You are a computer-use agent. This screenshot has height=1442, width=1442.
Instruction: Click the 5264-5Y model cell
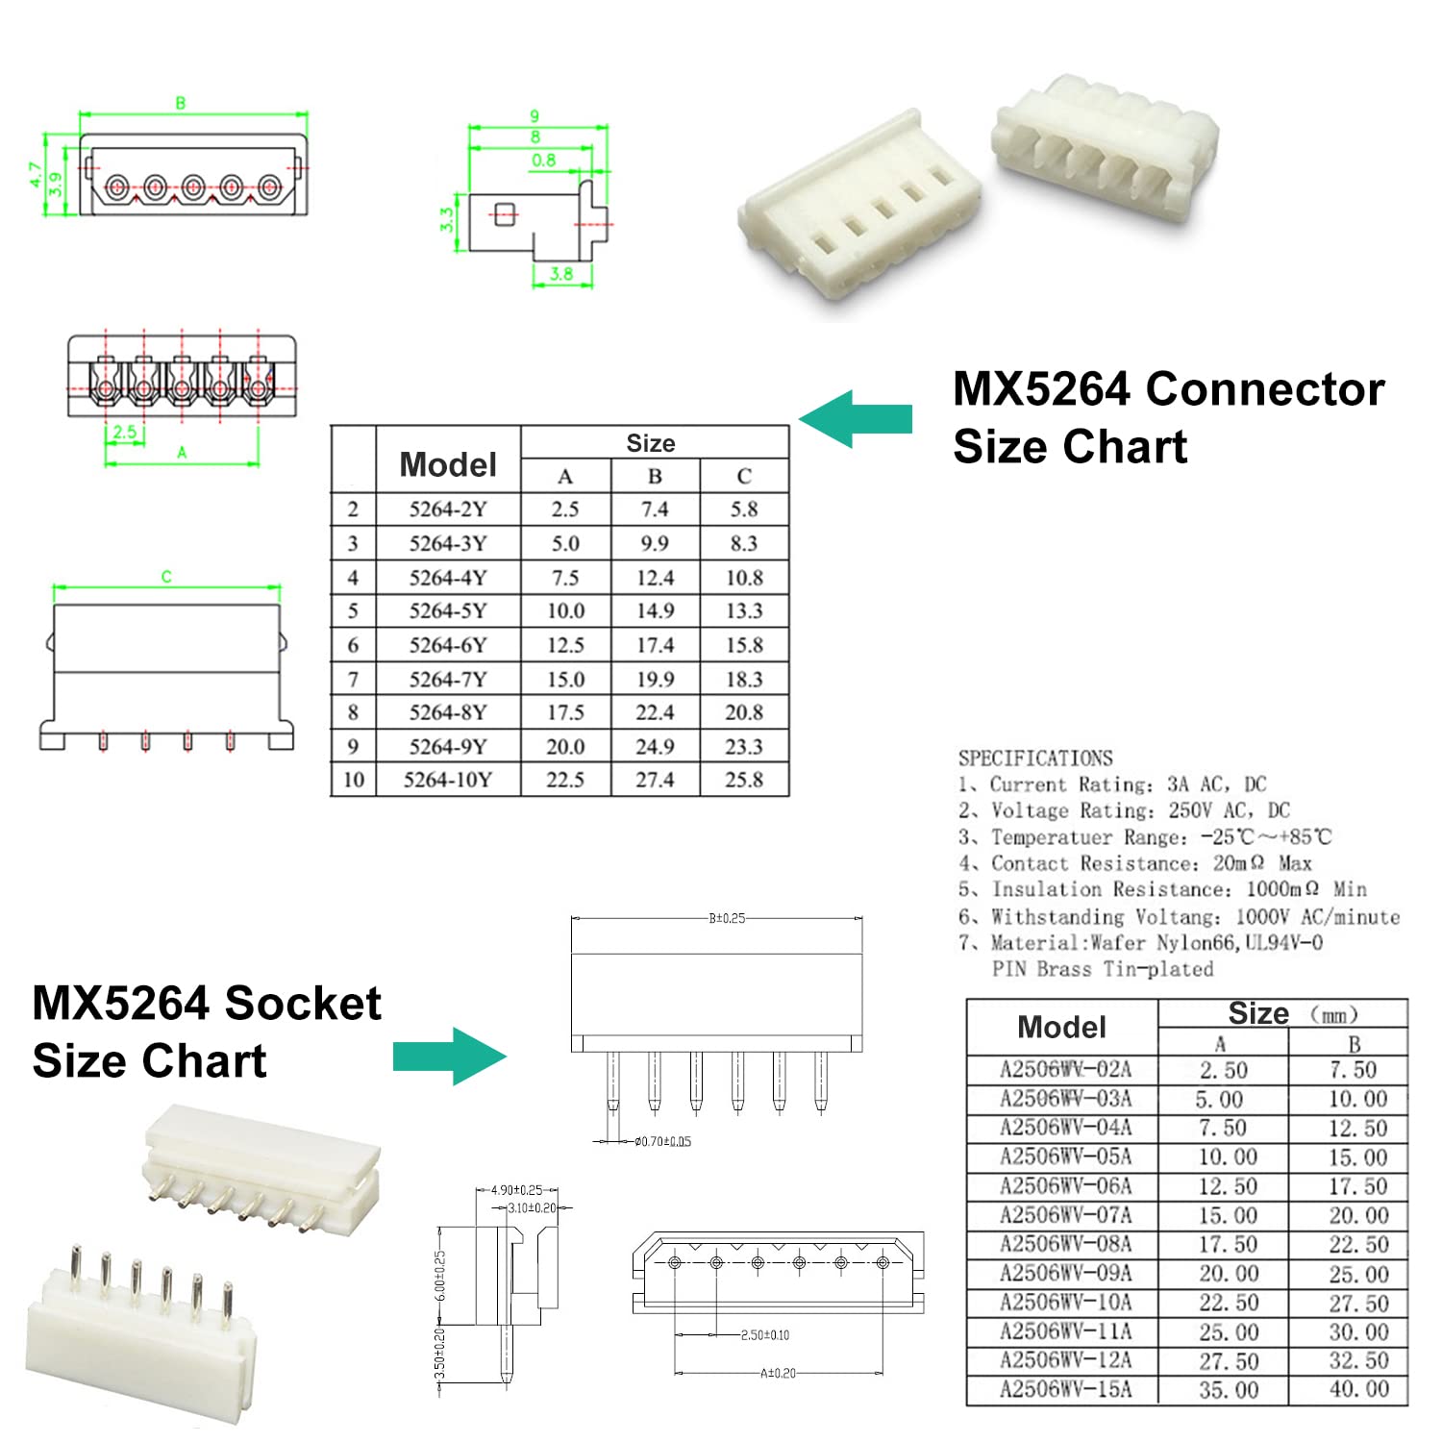(448, 611)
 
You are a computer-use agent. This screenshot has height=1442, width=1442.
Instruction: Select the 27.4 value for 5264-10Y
(655, 780)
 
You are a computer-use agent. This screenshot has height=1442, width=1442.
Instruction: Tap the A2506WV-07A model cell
(1065, 1215)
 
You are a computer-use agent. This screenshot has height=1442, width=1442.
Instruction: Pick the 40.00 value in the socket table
(1358, 1390)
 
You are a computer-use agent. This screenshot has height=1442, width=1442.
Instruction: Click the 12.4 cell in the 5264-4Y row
(655, 578)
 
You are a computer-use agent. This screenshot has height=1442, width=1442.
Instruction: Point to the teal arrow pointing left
(855, 419)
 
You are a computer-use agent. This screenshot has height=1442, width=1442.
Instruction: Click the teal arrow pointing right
(449, 1057)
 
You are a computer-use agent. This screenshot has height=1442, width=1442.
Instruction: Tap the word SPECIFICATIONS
(1035, 758)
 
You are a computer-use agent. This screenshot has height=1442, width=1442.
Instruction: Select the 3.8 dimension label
(561, 275)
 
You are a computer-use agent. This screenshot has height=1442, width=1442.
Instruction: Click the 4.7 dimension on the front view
(36, 174)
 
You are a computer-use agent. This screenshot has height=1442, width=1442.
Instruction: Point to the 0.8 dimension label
(543, 161)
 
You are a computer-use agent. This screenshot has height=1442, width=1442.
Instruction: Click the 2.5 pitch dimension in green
(125, 433)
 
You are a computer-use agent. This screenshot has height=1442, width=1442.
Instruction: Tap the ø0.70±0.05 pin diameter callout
(662, 1142)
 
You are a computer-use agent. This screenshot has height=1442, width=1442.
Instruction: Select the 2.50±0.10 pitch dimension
(765, 1335)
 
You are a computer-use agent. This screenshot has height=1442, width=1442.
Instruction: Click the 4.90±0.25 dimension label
(516, 1190)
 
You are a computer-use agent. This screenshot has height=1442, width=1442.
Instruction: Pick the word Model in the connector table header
(448, 465)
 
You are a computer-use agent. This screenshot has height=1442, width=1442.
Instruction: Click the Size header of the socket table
(1258, 1014)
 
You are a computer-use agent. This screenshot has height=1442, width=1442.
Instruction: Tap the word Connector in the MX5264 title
(1265, 389)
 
